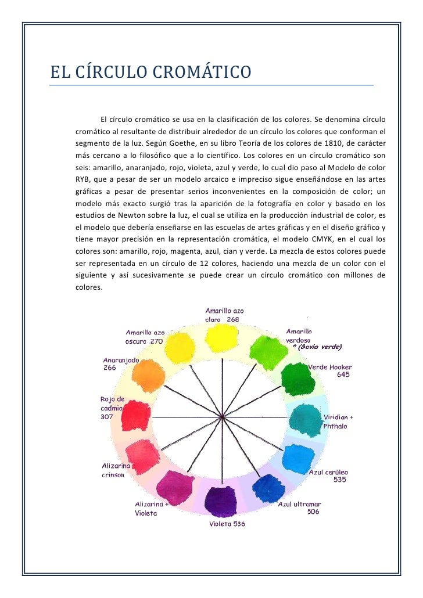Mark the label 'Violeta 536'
(x=227, y=524)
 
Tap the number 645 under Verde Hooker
(x=343, y=374)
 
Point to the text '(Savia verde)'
(x=320, y=347)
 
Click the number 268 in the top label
(x=232, y=319)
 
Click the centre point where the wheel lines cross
(x=220, y=416)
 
